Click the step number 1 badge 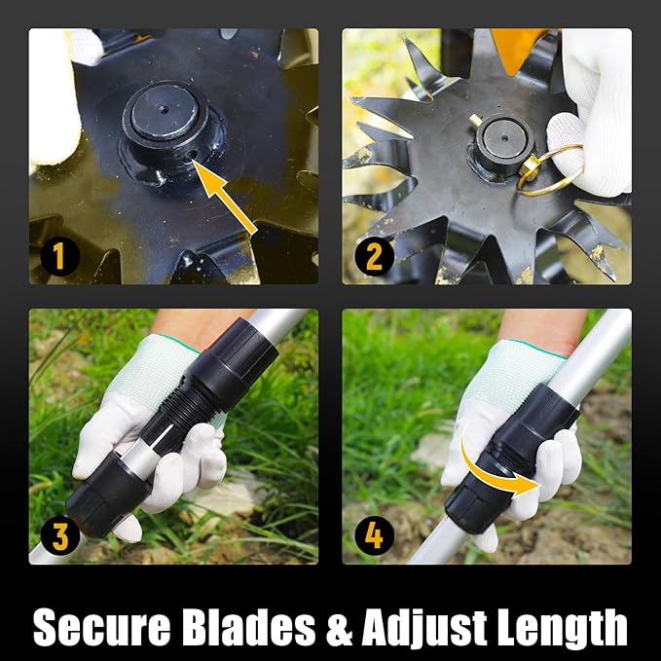pos(59,256)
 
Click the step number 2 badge pos(375,256)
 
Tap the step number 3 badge pos(59,536)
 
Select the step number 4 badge pos(375,536)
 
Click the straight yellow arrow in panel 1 pos(224,196)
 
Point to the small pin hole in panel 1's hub pos(192,156)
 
